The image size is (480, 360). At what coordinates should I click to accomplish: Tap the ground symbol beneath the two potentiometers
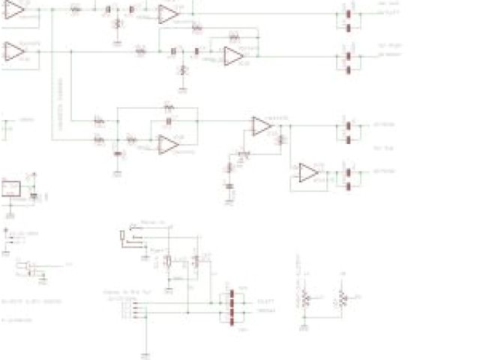click(305, 328)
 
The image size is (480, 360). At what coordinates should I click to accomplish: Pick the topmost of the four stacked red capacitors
click(232, 294)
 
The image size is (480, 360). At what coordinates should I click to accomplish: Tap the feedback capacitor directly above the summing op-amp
click(169, 120)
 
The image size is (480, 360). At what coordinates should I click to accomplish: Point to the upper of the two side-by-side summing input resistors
click(99, 121)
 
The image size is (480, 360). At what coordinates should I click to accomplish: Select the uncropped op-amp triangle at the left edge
click(14, 51)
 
